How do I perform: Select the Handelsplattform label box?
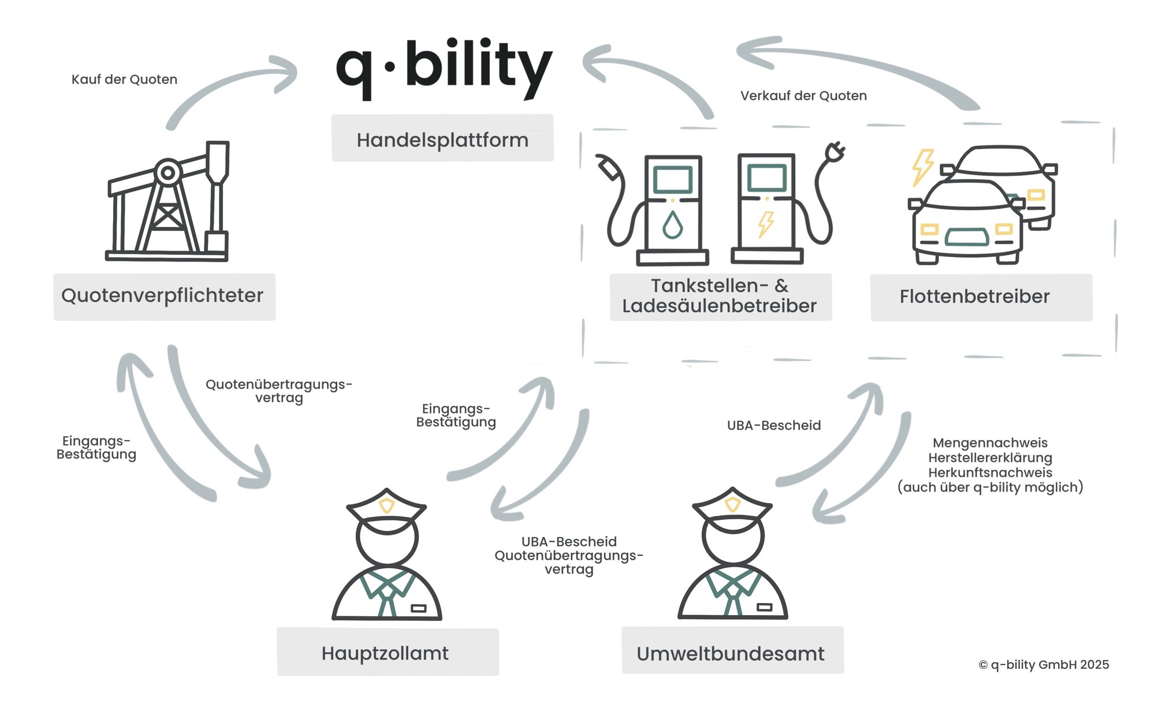tap(442, 139)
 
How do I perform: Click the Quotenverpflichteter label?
tap(164, 296)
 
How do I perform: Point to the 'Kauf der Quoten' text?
tap(124, 80)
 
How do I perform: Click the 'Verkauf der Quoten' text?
tap(803, 96)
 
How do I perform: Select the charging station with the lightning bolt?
tap(766, 208)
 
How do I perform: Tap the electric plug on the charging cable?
tap(835, 152)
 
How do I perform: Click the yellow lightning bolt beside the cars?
tap(922, 167)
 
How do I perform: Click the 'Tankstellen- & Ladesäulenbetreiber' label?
tap(720, 296)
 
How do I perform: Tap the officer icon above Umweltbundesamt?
tap(732, 554)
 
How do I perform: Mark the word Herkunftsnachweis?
tap(990, 472)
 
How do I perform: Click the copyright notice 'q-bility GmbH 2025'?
tap(1044, 665)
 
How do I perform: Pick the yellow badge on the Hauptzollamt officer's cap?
tap(386, 506)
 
